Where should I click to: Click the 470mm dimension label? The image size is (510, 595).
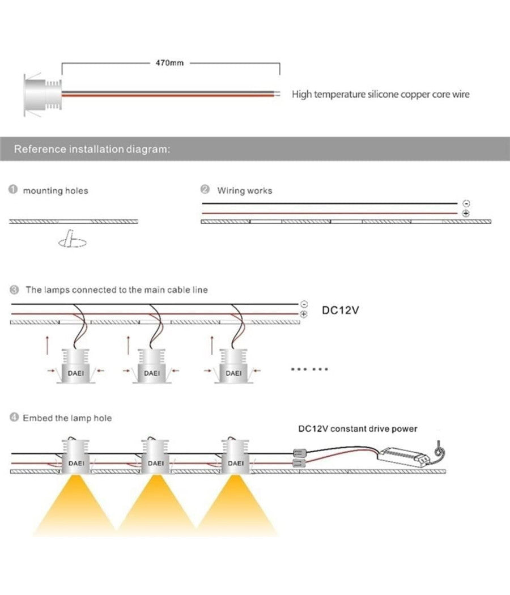point(169,62)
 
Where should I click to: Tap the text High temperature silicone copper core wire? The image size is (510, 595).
point(380,95)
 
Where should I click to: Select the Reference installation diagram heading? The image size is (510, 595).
point(91,150)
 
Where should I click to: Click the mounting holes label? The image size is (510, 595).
point(55,191)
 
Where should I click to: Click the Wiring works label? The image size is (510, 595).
point(244,191)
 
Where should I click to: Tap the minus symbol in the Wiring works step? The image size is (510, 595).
point(466,203)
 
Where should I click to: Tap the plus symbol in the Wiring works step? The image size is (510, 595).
point(466,213)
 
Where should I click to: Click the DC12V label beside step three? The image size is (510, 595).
point(341,311)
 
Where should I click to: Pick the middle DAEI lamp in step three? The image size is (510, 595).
point(151,367)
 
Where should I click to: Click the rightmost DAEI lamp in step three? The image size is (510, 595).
point(233,367)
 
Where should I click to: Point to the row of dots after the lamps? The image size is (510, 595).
point(309,369)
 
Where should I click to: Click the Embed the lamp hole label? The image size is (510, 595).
point(67,418)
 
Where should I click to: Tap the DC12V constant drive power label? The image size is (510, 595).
point(358,429)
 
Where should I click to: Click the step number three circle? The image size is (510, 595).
point(14,290)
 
